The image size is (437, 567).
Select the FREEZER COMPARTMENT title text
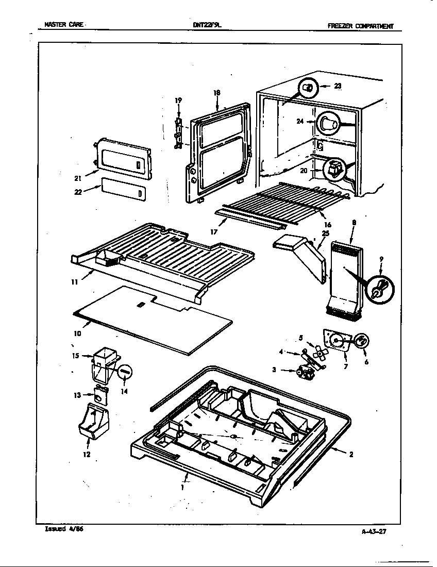360,26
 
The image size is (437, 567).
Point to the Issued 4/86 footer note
61,529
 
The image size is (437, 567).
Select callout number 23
337,86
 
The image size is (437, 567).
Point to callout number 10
77,333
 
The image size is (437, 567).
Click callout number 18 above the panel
216,93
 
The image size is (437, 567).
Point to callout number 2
351,455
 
